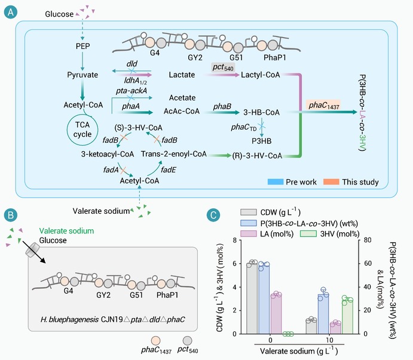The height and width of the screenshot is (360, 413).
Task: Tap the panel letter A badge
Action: tap(11, 12)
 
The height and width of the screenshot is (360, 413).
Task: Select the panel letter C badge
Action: tap(213, 215)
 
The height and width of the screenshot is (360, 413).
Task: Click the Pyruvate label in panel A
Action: tap(82, 75)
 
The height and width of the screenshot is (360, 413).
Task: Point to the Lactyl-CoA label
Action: tap(260, 75)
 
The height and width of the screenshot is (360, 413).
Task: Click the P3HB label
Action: tap(261, 141)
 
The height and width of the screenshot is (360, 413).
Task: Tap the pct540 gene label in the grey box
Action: tap(223, 67)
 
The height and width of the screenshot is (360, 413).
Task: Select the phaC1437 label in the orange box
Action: tap(323, 105)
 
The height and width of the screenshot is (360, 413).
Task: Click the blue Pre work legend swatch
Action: tap(276, 181)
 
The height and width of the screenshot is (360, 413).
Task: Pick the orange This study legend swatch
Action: tap(331, 181)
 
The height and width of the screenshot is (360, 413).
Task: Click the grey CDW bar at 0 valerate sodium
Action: tap(252, 299)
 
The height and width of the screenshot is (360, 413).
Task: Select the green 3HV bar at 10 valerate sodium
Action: tap(347, 317)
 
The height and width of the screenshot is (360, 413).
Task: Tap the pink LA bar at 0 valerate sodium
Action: tap(276, 315)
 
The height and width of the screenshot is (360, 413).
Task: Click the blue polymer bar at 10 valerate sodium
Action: tap(323, 314)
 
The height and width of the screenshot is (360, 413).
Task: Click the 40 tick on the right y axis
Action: tap(368, 287)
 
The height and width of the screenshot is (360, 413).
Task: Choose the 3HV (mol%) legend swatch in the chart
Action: tap(308, 233)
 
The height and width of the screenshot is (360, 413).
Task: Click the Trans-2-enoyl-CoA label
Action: tap(173, 153)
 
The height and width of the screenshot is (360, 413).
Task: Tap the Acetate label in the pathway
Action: tap(182, 98)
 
